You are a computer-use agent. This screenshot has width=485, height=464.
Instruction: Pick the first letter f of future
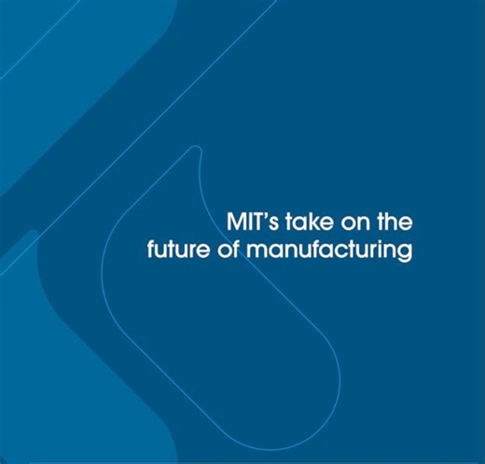tap(151, 252)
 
